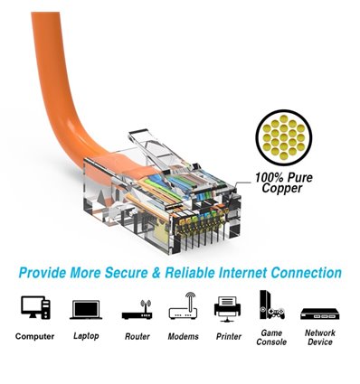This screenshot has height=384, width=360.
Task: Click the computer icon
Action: [x=35, y=307]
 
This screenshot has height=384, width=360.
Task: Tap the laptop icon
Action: [x=85, y=309]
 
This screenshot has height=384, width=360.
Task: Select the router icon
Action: [x=136, y=309]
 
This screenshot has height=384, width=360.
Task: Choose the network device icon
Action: [x=319, y=310]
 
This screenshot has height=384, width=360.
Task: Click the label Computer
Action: [x=35, y=336]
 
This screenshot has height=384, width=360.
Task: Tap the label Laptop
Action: [x=85, y=336]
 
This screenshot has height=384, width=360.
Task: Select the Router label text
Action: [x=136, y=336]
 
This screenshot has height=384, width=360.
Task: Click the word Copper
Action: [x=282, y=191]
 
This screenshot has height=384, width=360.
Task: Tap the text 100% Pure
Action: [x=283, y=179]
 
